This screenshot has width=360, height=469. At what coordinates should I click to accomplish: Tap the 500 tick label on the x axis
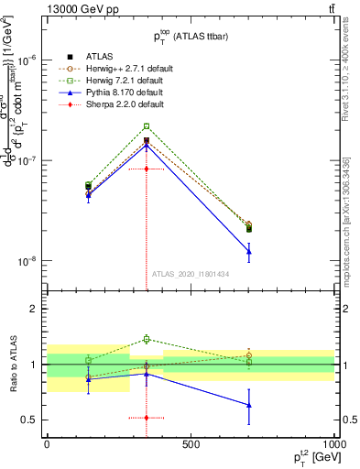[191, 442]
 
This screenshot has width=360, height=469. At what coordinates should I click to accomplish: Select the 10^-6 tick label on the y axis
[27, 60]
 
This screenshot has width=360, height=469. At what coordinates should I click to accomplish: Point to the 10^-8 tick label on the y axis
[27, 261]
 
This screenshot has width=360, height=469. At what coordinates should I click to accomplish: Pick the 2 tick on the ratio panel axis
[33, 309]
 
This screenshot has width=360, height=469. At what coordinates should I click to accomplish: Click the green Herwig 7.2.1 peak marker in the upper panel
[146, 126]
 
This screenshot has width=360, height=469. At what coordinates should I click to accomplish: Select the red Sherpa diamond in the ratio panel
[146, 418]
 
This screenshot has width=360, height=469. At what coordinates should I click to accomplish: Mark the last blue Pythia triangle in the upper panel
[249, 251]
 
